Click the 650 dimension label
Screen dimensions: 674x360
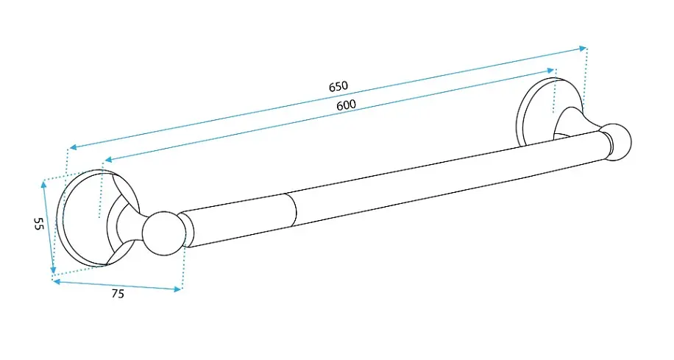[x=338, y=86]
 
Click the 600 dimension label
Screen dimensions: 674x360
[x=346, y=105]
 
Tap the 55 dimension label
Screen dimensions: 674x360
[x=39, y=224]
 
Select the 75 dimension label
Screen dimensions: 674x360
[x=118, y=294]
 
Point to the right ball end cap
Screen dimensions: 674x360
[x=617, y=142]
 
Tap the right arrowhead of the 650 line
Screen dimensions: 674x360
[x=583, y=48]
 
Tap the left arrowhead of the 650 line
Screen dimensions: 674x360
[x=73, y=147]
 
